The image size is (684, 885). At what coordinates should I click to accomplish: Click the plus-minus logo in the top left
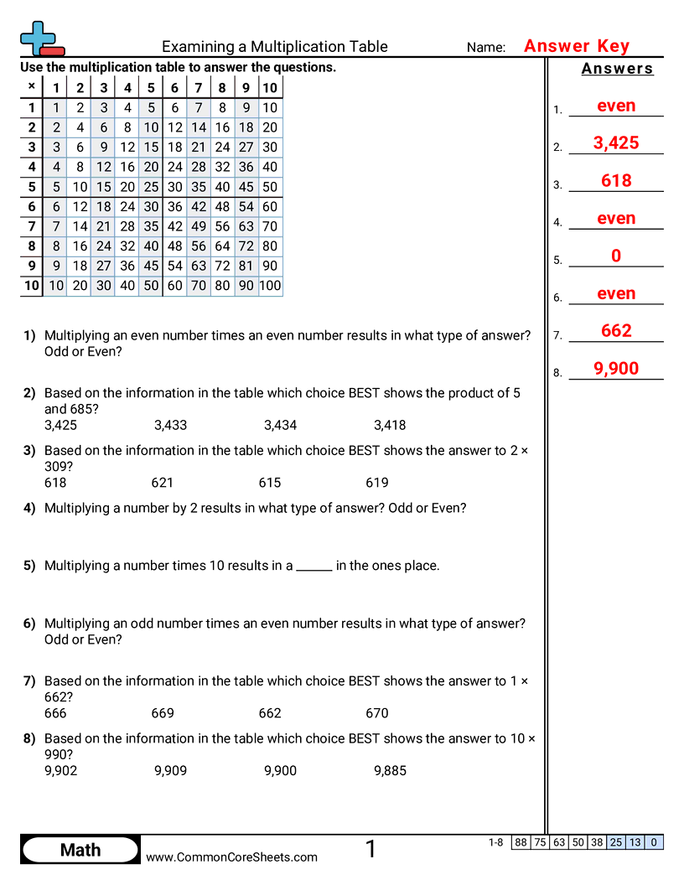click(x=41, y=39)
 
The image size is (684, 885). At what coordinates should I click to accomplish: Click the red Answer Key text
click(x=576, y=46)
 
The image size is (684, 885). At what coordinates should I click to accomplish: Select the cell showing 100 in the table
click(x=270, y=286)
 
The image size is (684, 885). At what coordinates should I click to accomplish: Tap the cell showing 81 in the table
click(x=246, y=266)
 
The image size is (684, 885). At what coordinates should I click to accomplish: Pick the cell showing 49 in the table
click(x=199, y=226)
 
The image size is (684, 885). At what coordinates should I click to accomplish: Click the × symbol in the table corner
click(x=31, y=86)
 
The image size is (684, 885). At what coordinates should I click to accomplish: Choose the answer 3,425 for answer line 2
click(x=616, y=143)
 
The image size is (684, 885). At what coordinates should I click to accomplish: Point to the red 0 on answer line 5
click(x=616, y=256)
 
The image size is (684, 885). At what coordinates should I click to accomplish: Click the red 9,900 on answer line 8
click(x=616, y=369)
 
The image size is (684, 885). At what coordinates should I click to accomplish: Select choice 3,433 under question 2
click(x=170, y=425)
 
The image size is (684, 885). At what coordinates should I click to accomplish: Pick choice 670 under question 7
click(x=377, y=713)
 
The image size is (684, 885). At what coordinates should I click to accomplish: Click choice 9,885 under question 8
click(x=390, y=770)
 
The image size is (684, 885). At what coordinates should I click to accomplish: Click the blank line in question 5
click(x=314, y=567)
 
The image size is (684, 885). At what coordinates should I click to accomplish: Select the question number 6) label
click(x=29, y=624)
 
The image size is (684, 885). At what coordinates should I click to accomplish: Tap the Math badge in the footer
click(x=80, y=850)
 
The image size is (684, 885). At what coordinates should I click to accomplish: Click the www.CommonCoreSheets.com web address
click(x=232, y=857)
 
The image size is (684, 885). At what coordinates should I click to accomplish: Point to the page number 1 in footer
click(x=370, y=850)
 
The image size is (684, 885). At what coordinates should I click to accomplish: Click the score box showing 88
click(x=521, y=842)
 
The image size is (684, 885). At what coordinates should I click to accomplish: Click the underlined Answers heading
click(x=617, y=69)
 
